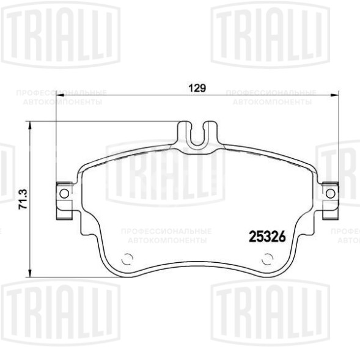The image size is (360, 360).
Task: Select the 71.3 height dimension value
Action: coord(23,199)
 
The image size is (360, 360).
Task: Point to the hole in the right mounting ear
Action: coord(331,193)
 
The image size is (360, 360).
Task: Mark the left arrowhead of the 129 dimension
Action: coord(59,94)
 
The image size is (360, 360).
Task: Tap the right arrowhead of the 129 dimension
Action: coord(335,94)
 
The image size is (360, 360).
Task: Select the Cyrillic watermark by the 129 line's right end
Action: coord(271,97)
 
